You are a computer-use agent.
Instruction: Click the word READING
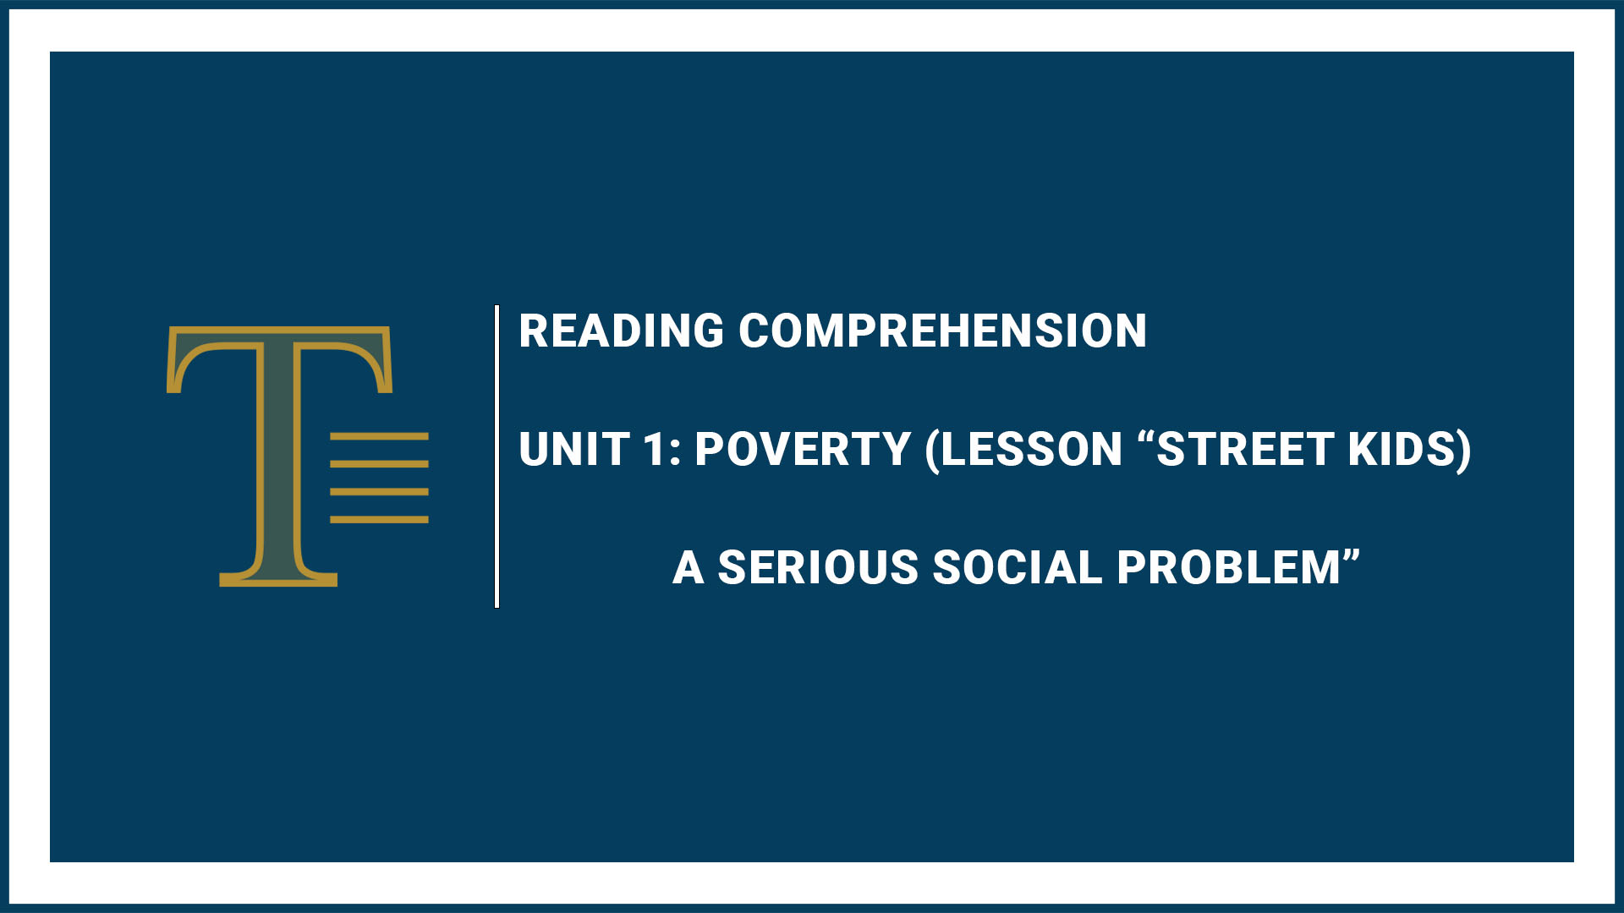[622, 331]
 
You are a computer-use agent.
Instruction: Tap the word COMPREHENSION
[943, 331]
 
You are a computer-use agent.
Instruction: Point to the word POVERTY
[803, 449]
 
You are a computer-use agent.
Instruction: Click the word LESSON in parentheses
[1031, 449]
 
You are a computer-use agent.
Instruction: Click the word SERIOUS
[818, 567]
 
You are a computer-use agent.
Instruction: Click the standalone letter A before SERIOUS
[689, 567]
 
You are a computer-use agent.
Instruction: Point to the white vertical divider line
[497, 456]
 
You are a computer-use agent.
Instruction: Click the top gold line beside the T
[379, 436]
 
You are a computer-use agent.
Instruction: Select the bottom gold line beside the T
[379, 519]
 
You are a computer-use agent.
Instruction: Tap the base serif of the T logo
[278, 579]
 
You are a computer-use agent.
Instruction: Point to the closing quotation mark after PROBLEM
[1351, 556]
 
